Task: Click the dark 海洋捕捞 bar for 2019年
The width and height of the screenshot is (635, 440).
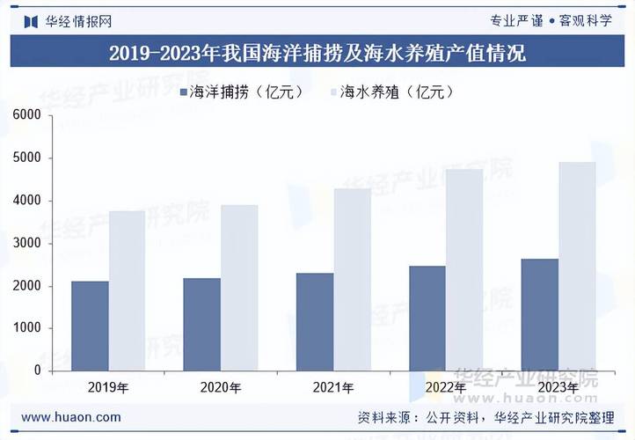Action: coord(90,326)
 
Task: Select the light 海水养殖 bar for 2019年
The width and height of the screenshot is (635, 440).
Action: coord(127,290)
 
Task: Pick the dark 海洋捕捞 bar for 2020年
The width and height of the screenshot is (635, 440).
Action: coord(202,324)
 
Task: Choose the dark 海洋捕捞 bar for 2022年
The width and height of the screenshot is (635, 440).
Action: coord(427,318)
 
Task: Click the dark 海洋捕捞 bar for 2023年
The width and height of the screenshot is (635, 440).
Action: coord(540,314)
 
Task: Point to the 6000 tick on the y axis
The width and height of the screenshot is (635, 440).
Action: coord(27,115)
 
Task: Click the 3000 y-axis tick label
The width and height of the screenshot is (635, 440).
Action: coord(27,243)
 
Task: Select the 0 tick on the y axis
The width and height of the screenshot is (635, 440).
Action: coord(38,370)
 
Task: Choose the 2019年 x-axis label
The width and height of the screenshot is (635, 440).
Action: coord(108,387)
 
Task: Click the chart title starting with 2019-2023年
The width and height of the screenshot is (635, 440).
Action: coord(317,53)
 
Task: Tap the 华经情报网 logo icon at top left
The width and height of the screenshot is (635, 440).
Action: coord(30,19)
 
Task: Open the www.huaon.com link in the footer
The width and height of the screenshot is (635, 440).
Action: coord(70,417)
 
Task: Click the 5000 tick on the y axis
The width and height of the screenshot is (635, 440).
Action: coord(27,158)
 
